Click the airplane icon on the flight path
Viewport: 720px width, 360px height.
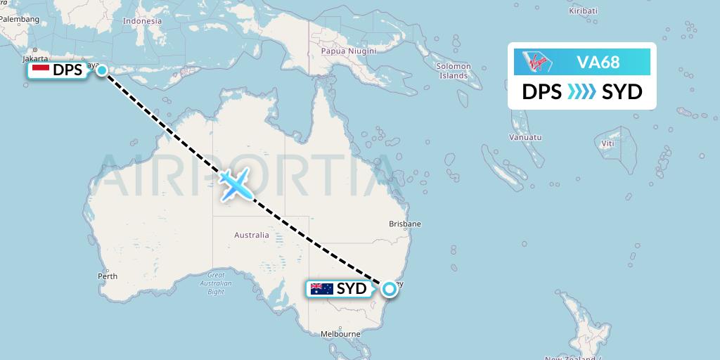(x=236, y=184)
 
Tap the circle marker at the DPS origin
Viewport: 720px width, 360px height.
(x=103, y=70)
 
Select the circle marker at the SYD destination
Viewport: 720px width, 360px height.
(x=389, y=288)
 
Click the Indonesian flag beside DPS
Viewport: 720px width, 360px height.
(x=41, y=70)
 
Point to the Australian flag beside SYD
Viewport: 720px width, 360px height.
(x=321, y=288)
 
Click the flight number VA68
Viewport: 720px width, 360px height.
(x=598, y=62)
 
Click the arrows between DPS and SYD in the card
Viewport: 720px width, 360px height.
(x=581, y=92)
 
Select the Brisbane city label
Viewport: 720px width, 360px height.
(x=405, y=224)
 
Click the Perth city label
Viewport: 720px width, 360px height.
(x=108, y=276)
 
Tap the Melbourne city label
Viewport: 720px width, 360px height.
(x=340, y=334)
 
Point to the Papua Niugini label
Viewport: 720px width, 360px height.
(x=348, y=51)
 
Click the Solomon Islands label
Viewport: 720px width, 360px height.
(x=454, y=70)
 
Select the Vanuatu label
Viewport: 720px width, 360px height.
(x=527, y=138)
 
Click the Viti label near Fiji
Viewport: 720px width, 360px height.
(x=607, y=143)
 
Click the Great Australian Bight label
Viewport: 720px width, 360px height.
(x=216, y=283)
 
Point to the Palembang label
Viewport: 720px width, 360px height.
(x=20, y=19)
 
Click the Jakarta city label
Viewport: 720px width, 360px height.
(x=34, y=58)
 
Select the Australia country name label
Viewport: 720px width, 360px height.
(x=252, y=235)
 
